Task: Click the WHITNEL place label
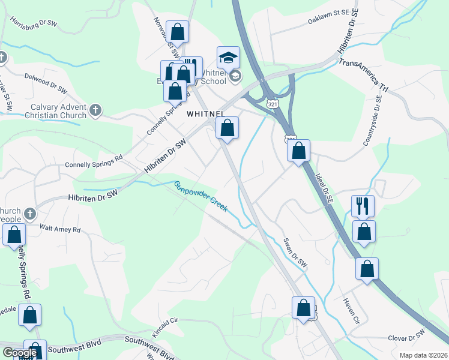[205, 113]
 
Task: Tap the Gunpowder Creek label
[200, 196]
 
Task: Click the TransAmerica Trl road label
[364, 75]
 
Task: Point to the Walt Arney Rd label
[59, 229]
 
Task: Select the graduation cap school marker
[228, 58]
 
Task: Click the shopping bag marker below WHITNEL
[228, 128]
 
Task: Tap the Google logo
[20, 353]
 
